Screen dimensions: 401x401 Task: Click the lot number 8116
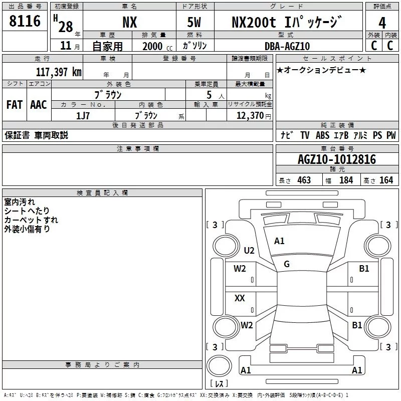click(x=25, y=21)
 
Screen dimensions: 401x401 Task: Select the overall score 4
click(x=382, y=23)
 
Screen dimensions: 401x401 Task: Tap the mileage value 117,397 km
click(x=59, y=72)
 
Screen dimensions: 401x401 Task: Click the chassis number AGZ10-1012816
click(x=337, y=159)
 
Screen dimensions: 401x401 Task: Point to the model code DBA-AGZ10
click(x=287, y=46)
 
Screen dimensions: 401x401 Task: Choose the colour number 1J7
click(x=83, y=116)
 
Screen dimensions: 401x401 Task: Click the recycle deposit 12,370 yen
click(x=254, y=116)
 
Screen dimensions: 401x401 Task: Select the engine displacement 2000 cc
click(x=157, y=46)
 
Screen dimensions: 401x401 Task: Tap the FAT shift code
click(x=15, y=105)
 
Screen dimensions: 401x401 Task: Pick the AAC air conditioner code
click(x=39, y=105)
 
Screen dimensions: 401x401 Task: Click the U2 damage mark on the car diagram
click(x=249, y=250)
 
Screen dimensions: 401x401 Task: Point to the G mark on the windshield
click(x=287, y=264)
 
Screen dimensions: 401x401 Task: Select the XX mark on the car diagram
click(x=240, y=298)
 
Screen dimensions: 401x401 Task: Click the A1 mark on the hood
click(x=279, y=241)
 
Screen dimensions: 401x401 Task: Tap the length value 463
click(x=304, y=180)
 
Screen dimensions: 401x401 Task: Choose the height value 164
click(x=386, y=180)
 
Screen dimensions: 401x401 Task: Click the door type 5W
click(x=194, y=23)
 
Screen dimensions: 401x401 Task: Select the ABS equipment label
click(x=322, y=135)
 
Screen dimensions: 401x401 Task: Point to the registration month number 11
click(x=66, y=46)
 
